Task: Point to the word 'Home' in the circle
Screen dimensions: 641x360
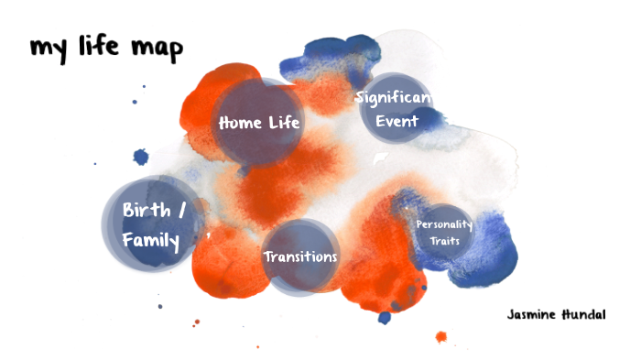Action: coord(239,122)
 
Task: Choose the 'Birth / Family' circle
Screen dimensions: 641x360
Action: coord(152,224)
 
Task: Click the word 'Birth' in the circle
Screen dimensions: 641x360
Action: coord(146,210)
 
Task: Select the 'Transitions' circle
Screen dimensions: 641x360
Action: coord(299,256)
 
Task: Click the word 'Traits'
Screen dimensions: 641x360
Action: coord(443,241)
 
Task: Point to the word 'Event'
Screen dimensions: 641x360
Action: coord(395,120)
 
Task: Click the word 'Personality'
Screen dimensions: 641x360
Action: coord(443,224)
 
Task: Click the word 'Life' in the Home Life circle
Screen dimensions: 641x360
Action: coord(283,122)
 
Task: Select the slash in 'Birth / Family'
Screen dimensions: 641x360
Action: coord(181,210)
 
